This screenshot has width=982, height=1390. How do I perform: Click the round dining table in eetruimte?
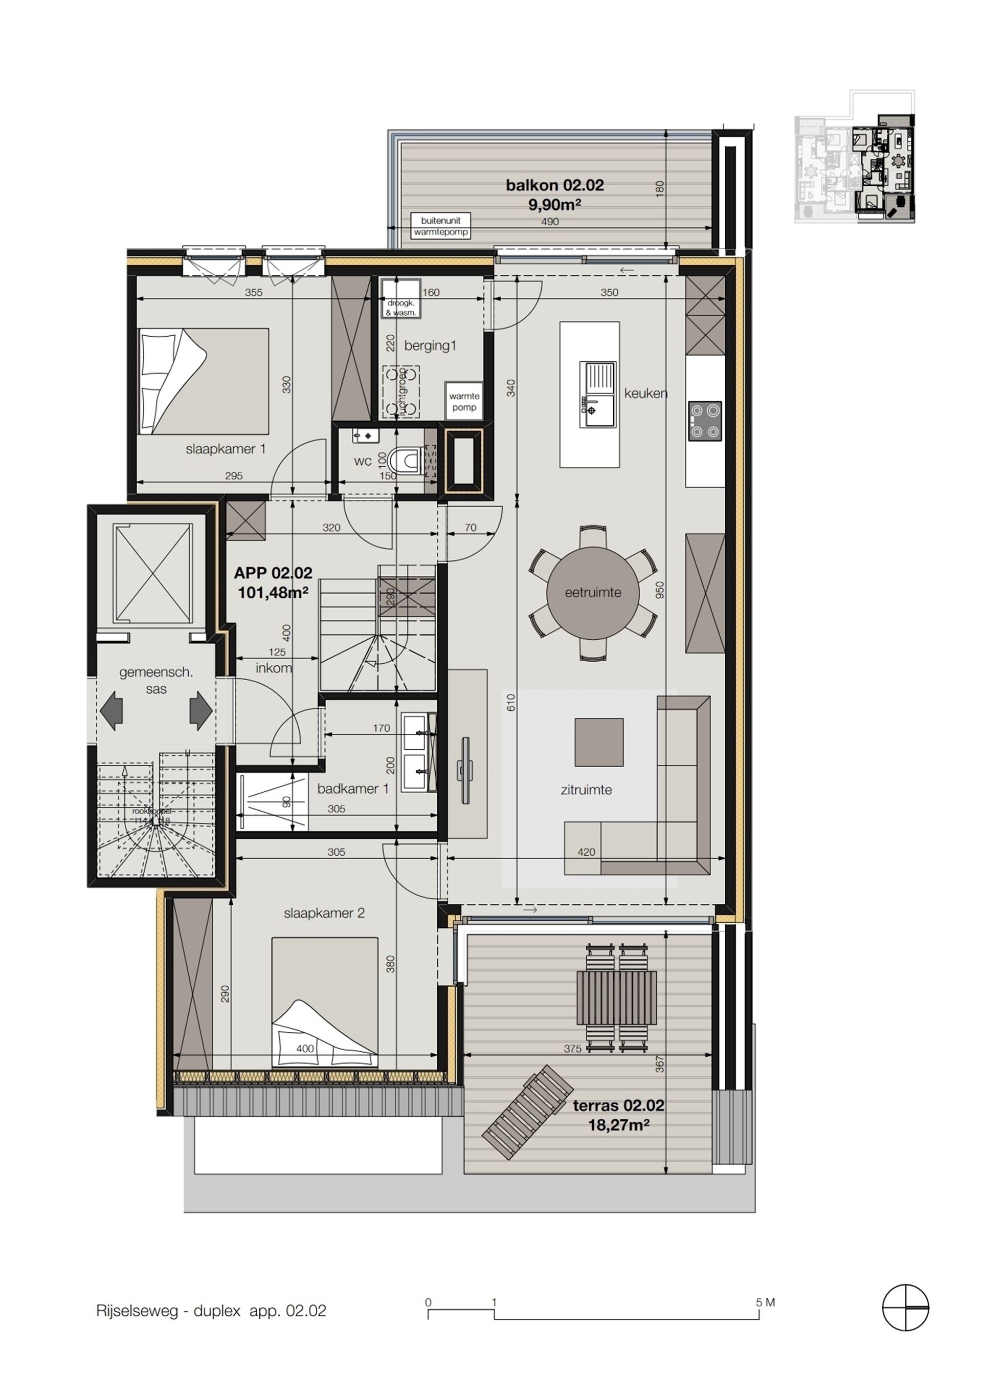592,593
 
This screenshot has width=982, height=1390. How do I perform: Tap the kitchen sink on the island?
597,395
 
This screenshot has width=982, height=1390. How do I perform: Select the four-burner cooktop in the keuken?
705,421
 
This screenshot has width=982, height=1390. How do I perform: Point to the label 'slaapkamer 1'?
225,449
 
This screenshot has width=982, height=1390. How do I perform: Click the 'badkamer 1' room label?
352,789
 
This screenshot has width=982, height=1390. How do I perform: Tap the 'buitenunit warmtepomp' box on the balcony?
440,226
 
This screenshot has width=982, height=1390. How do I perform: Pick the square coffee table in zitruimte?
598,742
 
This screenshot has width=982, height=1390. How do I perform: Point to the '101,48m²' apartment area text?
273,592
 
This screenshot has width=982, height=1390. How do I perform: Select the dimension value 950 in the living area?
659,590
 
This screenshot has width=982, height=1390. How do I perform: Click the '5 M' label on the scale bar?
765,1302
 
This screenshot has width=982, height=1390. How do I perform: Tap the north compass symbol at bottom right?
905,1308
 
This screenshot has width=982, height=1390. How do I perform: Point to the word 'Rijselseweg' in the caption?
137,1311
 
